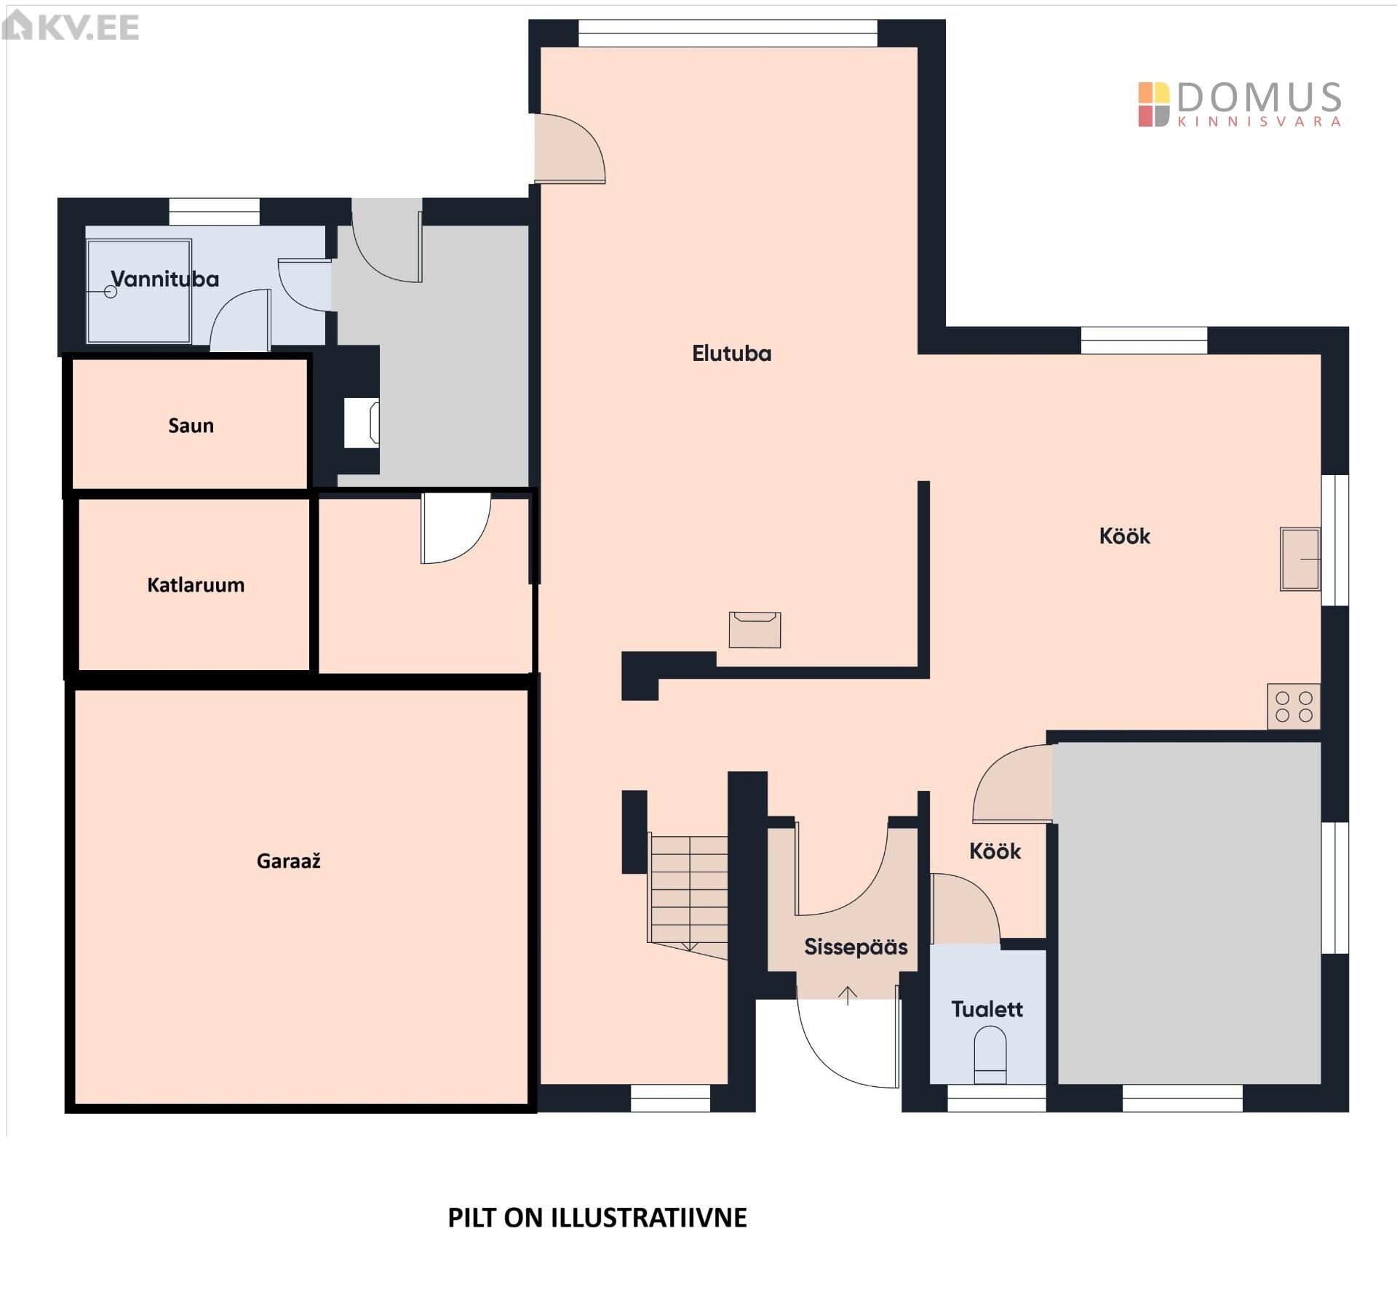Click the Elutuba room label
pos(731,354)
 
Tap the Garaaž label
pos(289,861)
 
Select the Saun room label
pos(191,426)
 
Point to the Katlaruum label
pos(196,585)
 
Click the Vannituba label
pos(165,279)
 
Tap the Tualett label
pos(987,1009)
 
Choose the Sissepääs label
pos(856,947)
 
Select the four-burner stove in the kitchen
pos(1294,706)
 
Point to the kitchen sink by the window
pos(1300,559)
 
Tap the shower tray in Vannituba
pos(139,291)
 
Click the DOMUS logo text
pos(1259,97)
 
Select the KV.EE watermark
pos(71,27)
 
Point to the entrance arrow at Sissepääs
pos(848,995)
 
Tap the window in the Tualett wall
pos(997,1098)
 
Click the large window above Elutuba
pos(728,33)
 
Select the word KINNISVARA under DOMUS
pos(1259,122)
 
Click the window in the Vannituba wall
pos(215,212)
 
